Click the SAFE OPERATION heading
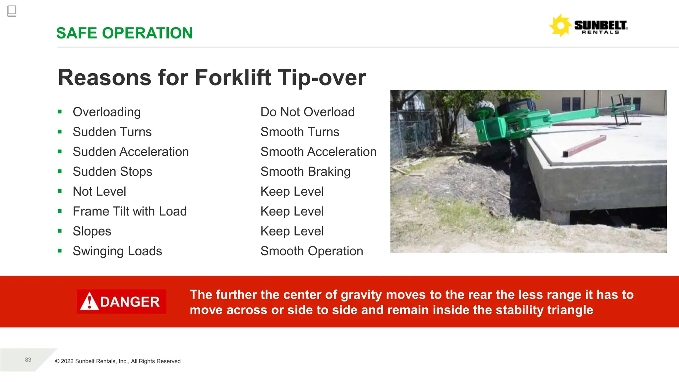click(124, 33)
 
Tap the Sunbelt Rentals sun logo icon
click(560, 26)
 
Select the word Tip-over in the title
click(322, 78)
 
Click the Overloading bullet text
click(106, 112)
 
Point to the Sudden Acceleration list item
click(131, 152)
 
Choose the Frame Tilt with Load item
click(130, 212)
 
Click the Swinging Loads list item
click(117, 251)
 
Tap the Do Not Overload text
click(307, 112)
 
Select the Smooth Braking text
click(305, 172)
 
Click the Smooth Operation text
click(312, 251)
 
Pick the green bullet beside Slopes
click(60, 231)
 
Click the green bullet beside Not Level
click(60, 191)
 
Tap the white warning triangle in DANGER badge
click(89, 301)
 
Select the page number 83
click(28, 360)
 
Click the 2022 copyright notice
click(118, 361)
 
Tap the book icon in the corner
click(11, 11)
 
